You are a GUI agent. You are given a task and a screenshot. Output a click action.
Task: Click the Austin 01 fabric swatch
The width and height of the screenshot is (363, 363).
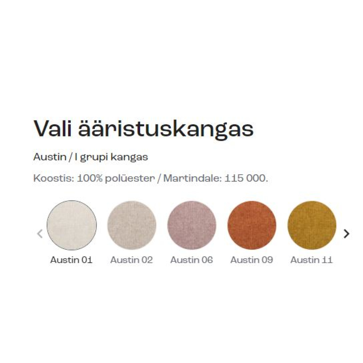coord(72,225)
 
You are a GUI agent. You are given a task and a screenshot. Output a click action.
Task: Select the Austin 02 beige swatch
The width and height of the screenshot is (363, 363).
coord(132,225)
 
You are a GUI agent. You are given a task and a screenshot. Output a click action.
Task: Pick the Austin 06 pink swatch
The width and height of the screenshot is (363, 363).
coord(192,225)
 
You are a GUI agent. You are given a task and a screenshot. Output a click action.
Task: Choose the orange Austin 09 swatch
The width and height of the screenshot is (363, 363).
coord(252,225)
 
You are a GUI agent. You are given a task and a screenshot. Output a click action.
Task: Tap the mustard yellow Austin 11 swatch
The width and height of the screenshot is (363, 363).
coord(312,225)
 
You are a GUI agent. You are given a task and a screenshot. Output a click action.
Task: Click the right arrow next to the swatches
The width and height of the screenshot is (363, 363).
coord(347,233)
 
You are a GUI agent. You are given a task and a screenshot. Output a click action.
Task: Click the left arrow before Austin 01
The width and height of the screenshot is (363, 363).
coord(40,233)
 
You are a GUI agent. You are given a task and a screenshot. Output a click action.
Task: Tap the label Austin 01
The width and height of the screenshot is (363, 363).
coord(71,260)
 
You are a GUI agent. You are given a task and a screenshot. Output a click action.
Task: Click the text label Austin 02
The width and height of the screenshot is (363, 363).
coord(131,260)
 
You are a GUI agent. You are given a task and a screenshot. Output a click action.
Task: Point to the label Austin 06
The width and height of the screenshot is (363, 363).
coord(191,260)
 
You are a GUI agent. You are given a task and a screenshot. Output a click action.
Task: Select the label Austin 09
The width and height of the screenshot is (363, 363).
coord(252,260)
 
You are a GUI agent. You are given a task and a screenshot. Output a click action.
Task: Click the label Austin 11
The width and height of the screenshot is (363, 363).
coord(311,260)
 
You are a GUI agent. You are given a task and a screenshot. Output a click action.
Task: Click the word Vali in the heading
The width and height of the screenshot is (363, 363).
coord(53,129)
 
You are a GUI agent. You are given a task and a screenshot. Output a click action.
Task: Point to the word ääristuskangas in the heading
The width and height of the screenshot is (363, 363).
coord(166,130)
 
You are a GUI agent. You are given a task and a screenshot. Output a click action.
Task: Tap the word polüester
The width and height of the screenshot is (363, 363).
coord(130,179)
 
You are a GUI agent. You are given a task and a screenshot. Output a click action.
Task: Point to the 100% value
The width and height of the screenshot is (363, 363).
coord(90,178)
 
